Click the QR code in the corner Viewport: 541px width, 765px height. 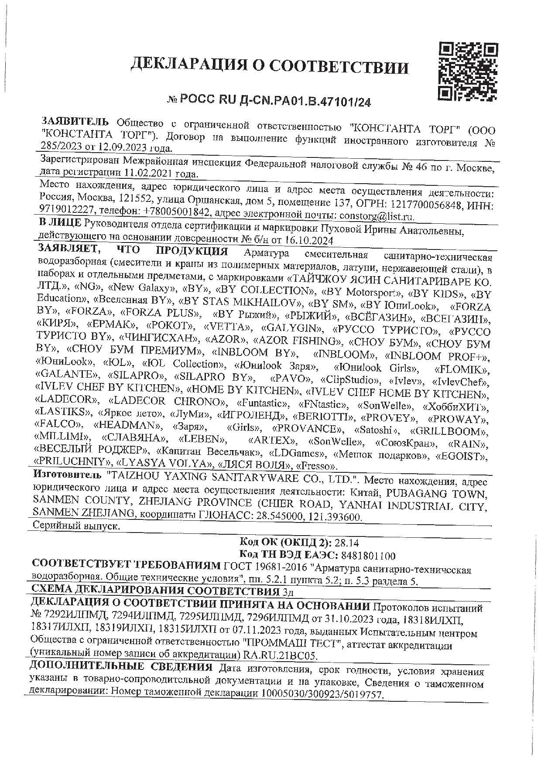click(x=468, y=71)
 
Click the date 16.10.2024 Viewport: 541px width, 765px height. click(x=309, y=240)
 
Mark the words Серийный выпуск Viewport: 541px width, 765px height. click(x=76, y=526)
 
